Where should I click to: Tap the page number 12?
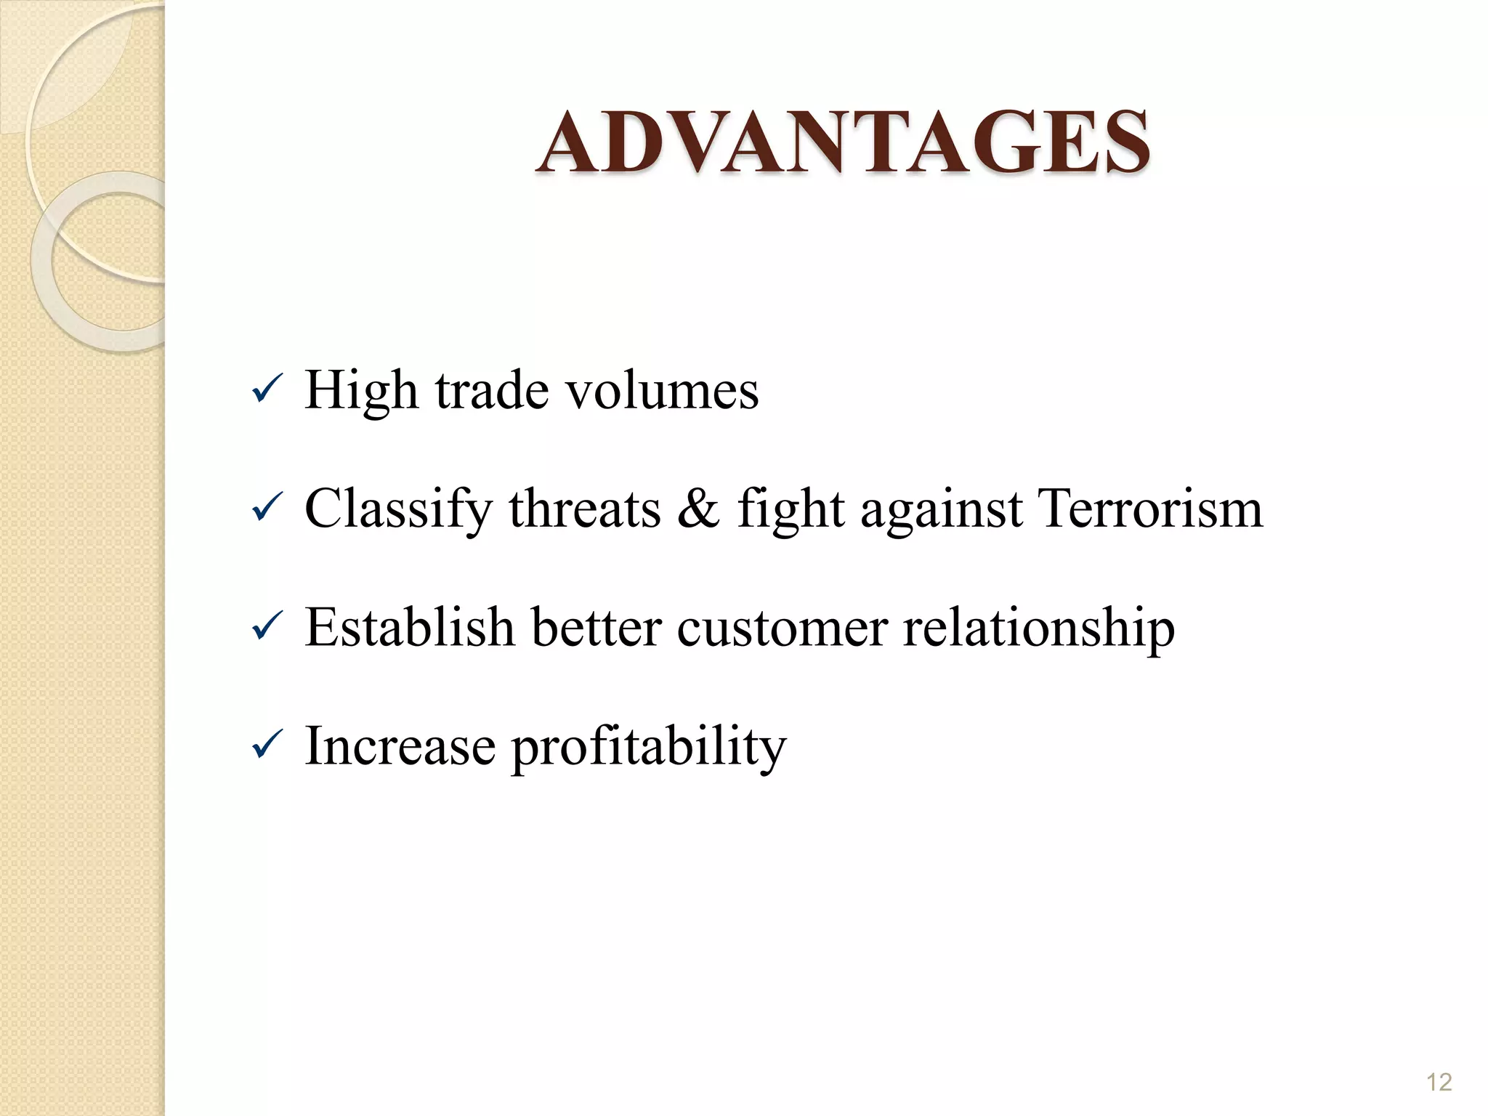pyautogui.click(x=1439, y=1083)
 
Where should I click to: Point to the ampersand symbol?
pyautogui.click(x=697, y=509)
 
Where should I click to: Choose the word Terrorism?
pyautogui.click(x=1151, y=509)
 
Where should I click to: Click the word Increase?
pyautogui.click(x=400, y=746)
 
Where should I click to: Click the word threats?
pyautogui.click(x=584, y=509)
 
